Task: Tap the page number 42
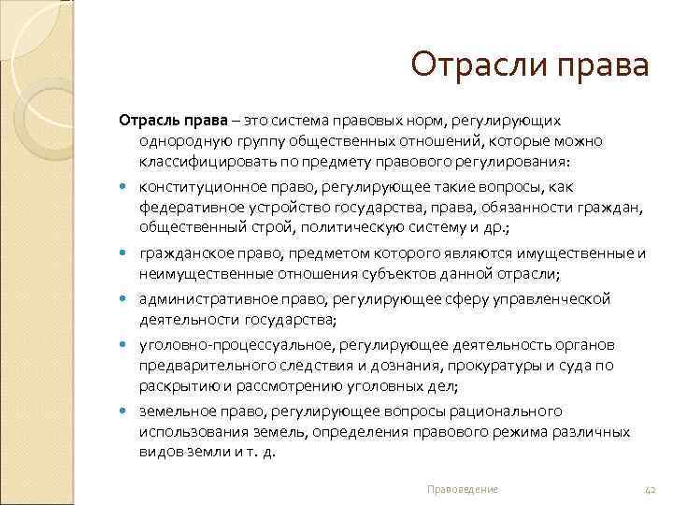652,489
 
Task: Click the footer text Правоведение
462,489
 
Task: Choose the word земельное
172,411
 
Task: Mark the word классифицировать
202,161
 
